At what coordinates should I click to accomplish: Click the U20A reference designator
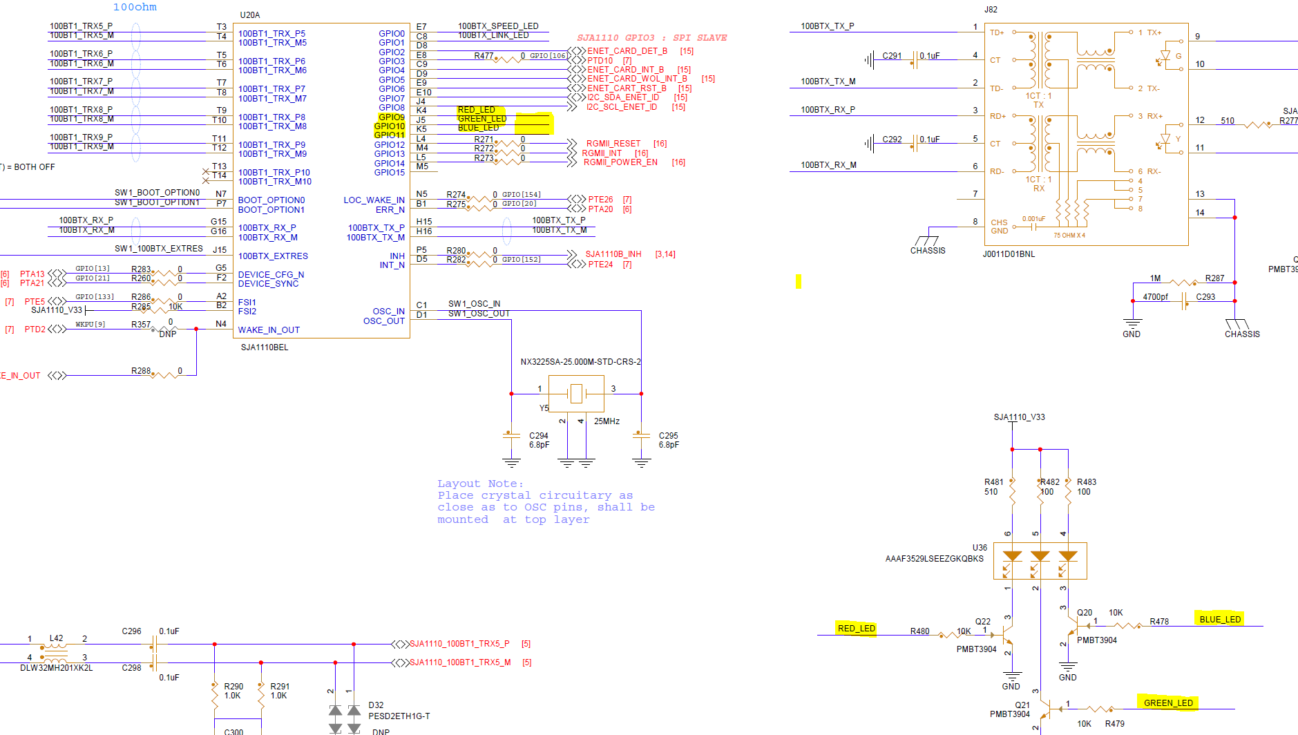coord(249,15)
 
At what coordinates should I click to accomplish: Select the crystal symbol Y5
coord(576,394)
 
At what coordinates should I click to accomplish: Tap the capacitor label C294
coord(538,436)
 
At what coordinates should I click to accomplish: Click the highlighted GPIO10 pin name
coord(390,126)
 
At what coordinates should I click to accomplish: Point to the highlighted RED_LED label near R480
coord(856,628)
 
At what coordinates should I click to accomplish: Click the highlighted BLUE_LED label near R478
coord(1220,619)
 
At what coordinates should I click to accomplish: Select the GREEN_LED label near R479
coord(1168,703)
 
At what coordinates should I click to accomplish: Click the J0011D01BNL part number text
coord(1009,254)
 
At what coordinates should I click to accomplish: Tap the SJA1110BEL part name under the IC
coord(265,347)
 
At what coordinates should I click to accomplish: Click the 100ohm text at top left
coord(135,7)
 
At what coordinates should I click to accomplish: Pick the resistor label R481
coord(993,482)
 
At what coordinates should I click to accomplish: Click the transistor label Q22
coord(982,622)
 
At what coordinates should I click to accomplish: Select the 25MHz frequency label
coord(607,421)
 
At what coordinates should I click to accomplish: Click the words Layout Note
coord(480,484)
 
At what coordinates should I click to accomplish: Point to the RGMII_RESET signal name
coord(613,144)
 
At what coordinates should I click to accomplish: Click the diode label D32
coord(376,705)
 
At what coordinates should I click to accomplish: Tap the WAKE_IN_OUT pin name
coord(269,330)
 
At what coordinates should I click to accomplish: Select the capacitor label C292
coord(892,140)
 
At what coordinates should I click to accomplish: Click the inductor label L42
coord(56,638)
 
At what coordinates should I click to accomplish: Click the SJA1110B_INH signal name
coord(613,254)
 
